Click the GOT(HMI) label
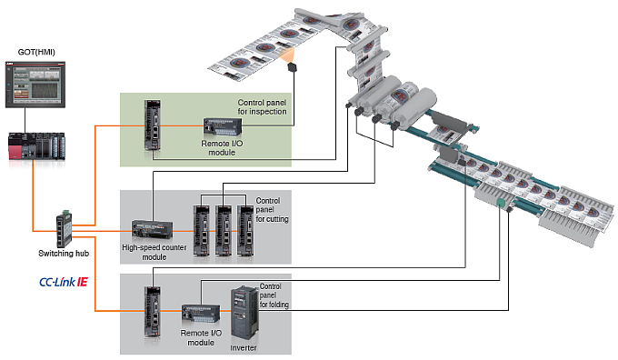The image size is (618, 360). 36,52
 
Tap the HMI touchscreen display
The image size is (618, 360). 35,85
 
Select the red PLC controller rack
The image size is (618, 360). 36,146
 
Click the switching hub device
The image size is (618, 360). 65,229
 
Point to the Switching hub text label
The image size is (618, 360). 64,253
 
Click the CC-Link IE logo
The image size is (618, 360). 64,282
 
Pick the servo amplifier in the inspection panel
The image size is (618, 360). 153,125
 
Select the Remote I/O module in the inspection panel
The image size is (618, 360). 223,126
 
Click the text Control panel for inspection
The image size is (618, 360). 262,107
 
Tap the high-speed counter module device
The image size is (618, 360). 152,230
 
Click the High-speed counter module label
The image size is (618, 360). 154,252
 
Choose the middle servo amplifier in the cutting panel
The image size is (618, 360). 224,231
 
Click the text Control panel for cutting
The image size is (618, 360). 272,210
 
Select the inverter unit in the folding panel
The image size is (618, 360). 244,315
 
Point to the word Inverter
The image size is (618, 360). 244,348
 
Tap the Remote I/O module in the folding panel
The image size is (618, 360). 201,314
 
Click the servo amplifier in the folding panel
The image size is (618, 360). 153,312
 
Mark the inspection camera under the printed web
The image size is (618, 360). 292,67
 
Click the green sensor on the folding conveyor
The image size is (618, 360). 501,203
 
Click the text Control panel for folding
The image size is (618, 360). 274,295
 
